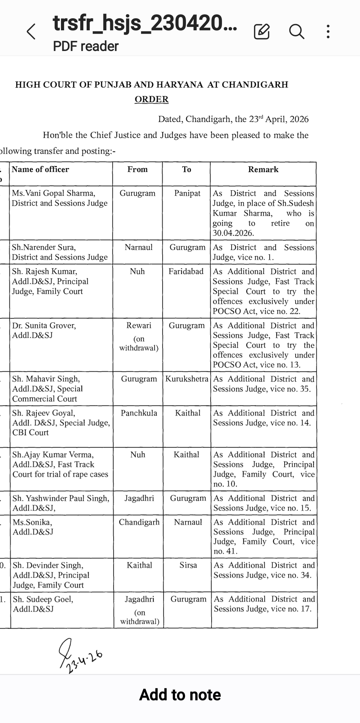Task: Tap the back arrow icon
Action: (31, 32)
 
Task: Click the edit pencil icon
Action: (262, 32)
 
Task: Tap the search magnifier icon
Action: (296, 32)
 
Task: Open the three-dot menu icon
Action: (328, 32)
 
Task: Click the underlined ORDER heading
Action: (152, 99)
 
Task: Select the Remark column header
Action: (263, 169)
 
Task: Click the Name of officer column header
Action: (40, 169)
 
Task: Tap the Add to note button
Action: (180, 695)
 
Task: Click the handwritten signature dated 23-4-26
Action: (79, 655)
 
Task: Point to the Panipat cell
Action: (187, 193)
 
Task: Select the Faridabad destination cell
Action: (186, 271)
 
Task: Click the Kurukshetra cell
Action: (187, 379)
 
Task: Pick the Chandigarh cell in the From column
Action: (139, 522)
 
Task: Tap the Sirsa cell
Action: (188, 565)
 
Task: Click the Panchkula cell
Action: (139, 413)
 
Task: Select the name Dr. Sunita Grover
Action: (44, 325)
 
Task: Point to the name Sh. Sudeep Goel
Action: (43, 599)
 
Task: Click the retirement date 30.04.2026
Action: (233, 233)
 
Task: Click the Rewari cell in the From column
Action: (139, 325)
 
